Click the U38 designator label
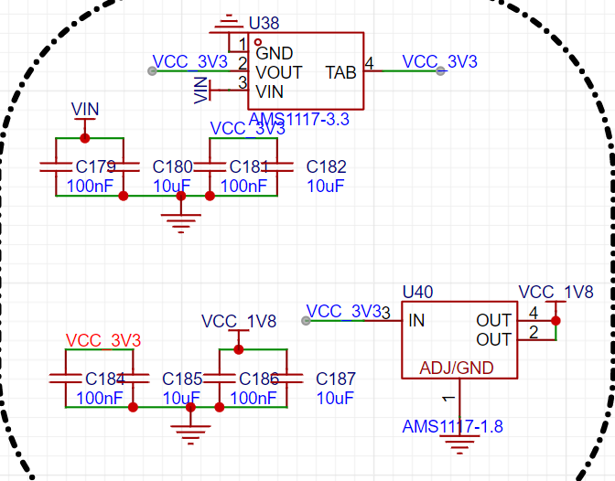click(264, 24)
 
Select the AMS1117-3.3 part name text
click(299, 119)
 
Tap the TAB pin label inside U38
click(340, 72)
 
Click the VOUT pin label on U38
click(279, 72)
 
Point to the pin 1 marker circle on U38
click(258, 42)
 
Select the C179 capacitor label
click(96, 167)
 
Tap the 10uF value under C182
click(326, 187)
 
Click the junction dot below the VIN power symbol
click(85, 138)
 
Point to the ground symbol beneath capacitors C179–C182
click(181, 223)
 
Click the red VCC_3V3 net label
click(103, 340)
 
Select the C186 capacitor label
click(259, 379)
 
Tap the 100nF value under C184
click(100, 399)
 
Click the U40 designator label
click(417, 292)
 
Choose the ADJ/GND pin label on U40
click(457, 369)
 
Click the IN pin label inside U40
click(416, 321)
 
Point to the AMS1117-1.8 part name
click(453, 426)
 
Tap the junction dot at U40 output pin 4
click(556, 321)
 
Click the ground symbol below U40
click(459, 444)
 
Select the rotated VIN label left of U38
click(201, 91)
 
